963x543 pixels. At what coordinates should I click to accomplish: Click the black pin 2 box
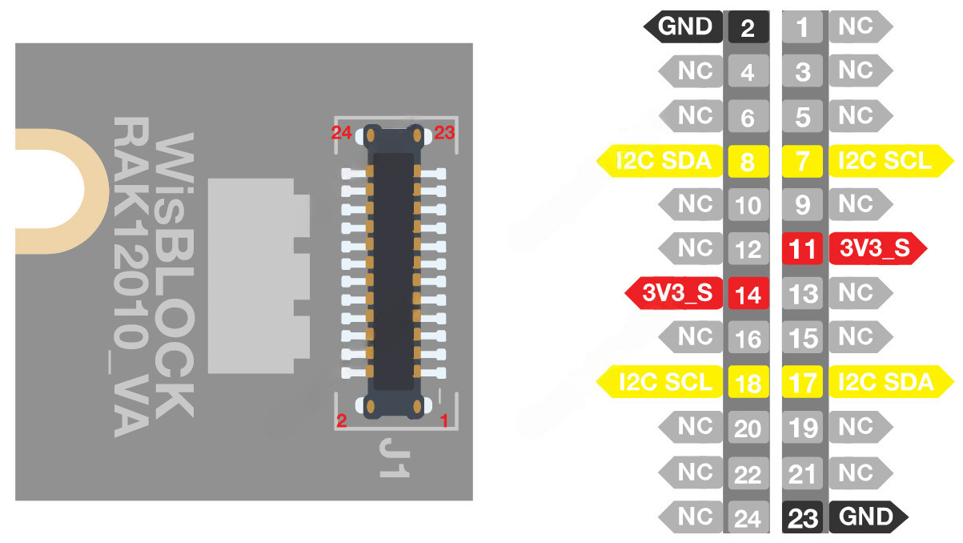(748, 27)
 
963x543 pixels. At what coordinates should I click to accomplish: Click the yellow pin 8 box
(748, 162)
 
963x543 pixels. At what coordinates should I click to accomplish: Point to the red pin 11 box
(802, 249)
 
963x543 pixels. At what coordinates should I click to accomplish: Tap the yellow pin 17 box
(802, 382)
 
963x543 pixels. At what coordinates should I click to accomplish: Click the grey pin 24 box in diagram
(748, 518)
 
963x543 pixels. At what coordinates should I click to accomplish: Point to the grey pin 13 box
(802, 293)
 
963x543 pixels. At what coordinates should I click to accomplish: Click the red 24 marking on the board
(343, 133)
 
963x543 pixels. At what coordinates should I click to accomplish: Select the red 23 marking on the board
(443, 133)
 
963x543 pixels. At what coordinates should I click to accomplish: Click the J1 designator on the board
(395, 457)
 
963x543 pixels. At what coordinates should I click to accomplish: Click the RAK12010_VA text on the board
(130, 276)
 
